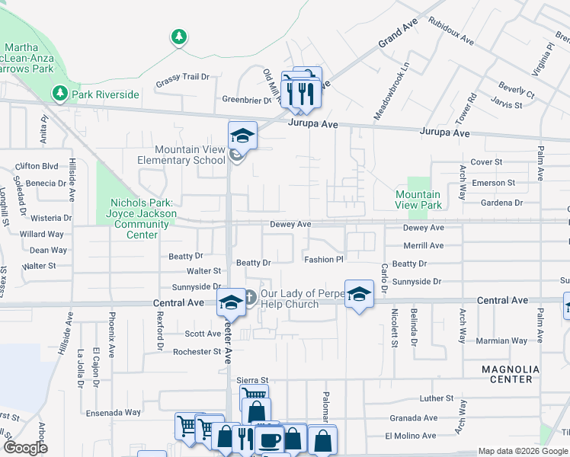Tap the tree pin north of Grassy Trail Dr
click(178, 37)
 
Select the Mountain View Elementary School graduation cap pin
click(243, 136)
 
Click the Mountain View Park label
click(418, 200)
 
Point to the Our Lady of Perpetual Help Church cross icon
click(251, 295)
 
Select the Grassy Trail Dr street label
click(182, 77)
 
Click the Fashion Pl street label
click(325, 260)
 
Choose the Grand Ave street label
click(399, 35)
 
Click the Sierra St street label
click(253, 380)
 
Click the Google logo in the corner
click(26, 448)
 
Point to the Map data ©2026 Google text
click(523, 451)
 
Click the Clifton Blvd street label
click(37, 165)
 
